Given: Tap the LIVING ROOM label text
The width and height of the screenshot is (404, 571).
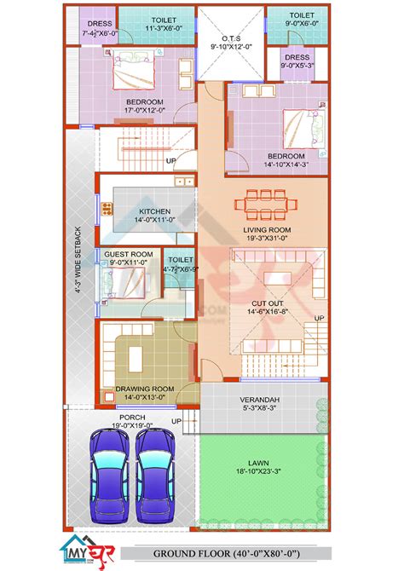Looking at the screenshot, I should [268, 230].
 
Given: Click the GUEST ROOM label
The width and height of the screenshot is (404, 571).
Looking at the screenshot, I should [129, 254].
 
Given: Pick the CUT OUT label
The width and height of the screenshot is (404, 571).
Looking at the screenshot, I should [267, 303].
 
